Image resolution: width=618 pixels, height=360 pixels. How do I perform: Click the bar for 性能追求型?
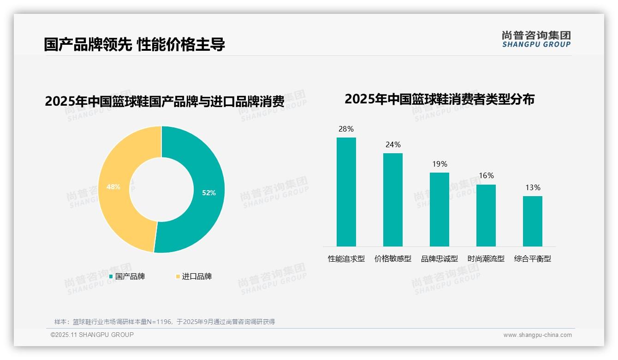click(x=346, y=192)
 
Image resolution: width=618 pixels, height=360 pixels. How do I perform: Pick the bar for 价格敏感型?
click(x=392, y=200)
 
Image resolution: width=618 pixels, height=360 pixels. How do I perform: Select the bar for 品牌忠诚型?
click(x=439, y=210)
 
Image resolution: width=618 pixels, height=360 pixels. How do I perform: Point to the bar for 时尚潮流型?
click(x=486, y=216)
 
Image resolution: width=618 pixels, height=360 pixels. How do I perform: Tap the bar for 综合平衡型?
click(x=532, y=222)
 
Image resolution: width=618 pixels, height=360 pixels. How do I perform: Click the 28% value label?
click(x=346, y=129)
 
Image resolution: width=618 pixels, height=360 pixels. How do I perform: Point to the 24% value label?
click(x=393, y=145)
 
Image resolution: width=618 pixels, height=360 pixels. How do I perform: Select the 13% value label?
click(x=533, y=188)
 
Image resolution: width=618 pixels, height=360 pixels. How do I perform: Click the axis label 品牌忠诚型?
click(x=439, y=259)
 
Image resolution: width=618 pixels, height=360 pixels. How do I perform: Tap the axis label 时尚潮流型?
click(x=486, y=259)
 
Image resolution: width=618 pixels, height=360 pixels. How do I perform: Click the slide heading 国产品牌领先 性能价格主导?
click(x=134, y=45)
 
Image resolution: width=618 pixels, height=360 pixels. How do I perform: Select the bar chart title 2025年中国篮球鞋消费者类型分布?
click(x=439, y=99)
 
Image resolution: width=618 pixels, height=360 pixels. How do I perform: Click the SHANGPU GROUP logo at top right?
click(x=536, y=39)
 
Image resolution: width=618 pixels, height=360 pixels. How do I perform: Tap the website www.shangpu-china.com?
click(x=537, y=335)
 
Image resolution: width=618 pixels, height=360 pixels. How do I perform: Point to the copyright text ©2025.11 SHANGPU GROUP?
click(x=92, y=335)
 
